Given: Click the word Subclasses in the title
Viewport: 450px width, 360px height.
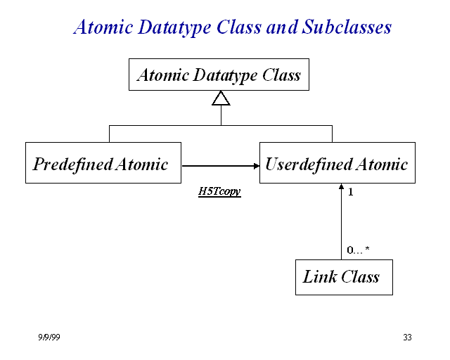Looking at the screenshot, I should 347,27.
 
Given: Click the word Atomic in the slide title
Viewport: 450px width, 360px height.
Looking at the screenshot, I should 103,27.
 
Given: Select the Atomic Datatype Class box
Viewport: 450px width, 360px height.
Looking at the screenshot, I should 219,75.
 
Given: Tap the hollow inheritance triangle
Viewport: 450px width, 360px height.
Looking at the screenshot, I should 221,98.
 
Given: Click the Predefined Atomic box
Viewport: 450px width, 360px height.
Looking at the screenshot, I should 103,163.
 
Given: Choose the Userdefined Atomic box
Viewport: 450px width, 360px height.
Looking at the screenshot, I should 337,163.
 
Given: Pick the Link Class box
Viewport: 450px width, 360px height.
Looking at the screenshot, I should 343,277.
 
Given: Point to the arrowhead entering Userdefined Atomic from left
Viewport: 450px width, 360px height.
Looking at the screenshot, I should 255,166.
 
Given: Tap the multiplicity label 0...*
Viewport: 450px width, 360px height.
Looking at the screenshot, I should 358,250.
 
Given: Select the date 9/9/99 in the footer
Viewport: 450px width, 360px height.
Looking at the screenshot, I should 49,337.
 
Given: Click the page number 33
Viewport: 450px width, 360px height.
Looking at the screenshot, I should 407,337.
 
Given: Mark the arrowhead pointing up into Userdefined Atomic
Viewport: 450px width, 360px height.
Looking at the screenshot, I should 341,188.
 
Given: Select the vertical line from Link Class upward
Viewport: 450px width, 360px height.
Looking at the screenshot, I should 341,225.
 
